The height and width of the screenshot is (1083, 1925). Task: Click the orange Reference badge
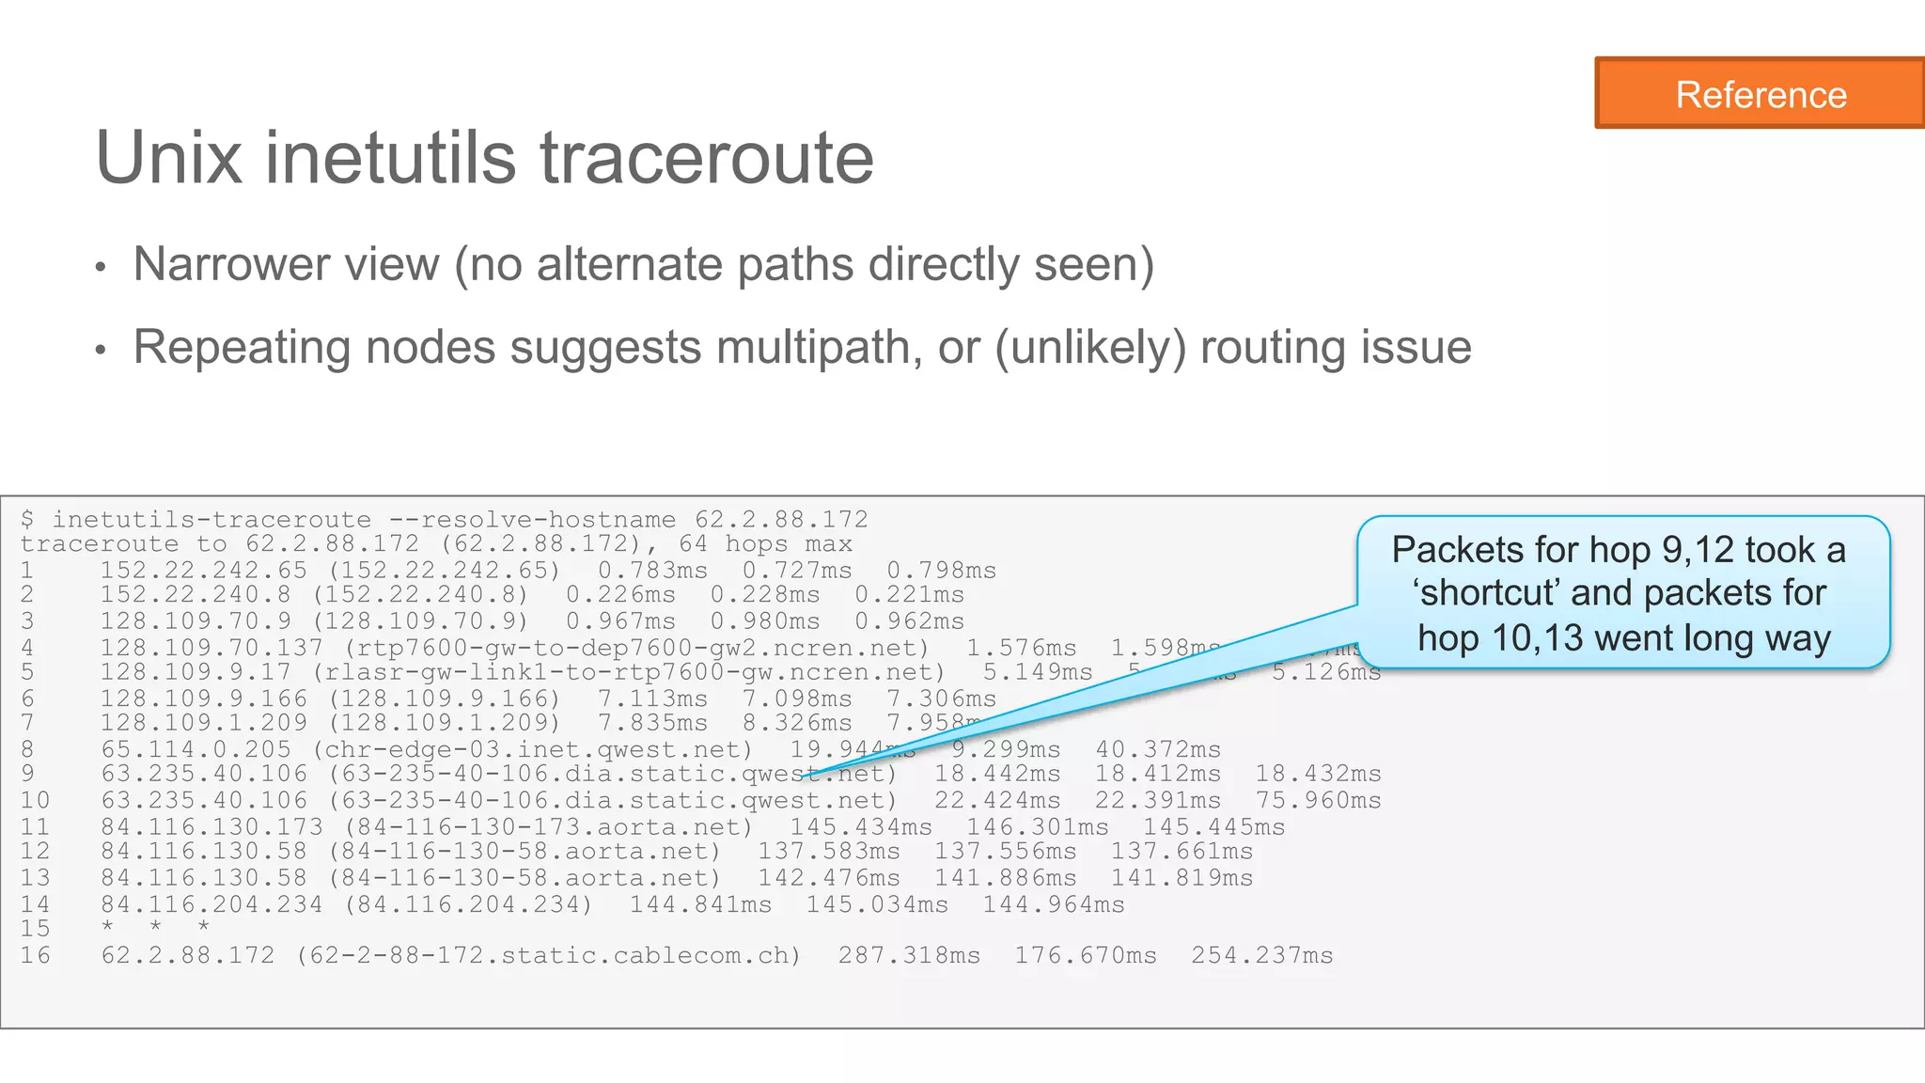click(x=1760, y=94)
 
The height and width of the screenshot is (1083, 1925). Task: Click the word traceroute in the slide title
click(x=706, y=158)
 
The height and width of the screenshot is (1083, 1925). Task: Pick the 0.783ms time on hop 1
click(x=652, y=571)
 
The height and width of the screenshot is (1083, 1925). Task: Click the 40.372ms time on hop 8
click(x=1158, y=749)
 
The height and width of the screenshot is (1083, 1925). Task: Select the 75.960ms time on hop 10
click(x=1318, y=800)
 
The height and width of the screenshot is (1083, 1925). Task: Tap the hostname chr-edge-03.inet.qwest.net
click(x=532, y=749)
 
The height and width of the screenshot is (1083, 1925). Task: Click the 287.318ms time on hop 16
click(x=909, y=955)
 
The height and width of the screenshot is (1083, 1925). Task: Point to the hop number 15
click(x=35, y=929)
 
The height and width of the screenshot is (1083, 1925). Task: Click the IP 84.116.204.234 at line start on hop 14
click(x=211, y=904)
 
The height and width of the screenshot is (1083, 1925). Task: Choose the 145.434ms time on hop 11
click(x=860, y=826)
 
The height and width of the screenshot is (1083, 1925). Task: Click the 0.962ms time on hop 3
click(x=909, y=621)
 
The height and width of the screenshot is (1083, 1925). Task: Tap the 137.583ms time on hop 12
click(x=828, y=852)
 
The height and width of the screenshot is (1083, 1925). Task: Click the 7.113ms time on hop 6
click(x=652, y=698)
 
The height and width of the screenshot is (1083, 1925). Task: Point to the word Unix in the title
click(x=169, y=158)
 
